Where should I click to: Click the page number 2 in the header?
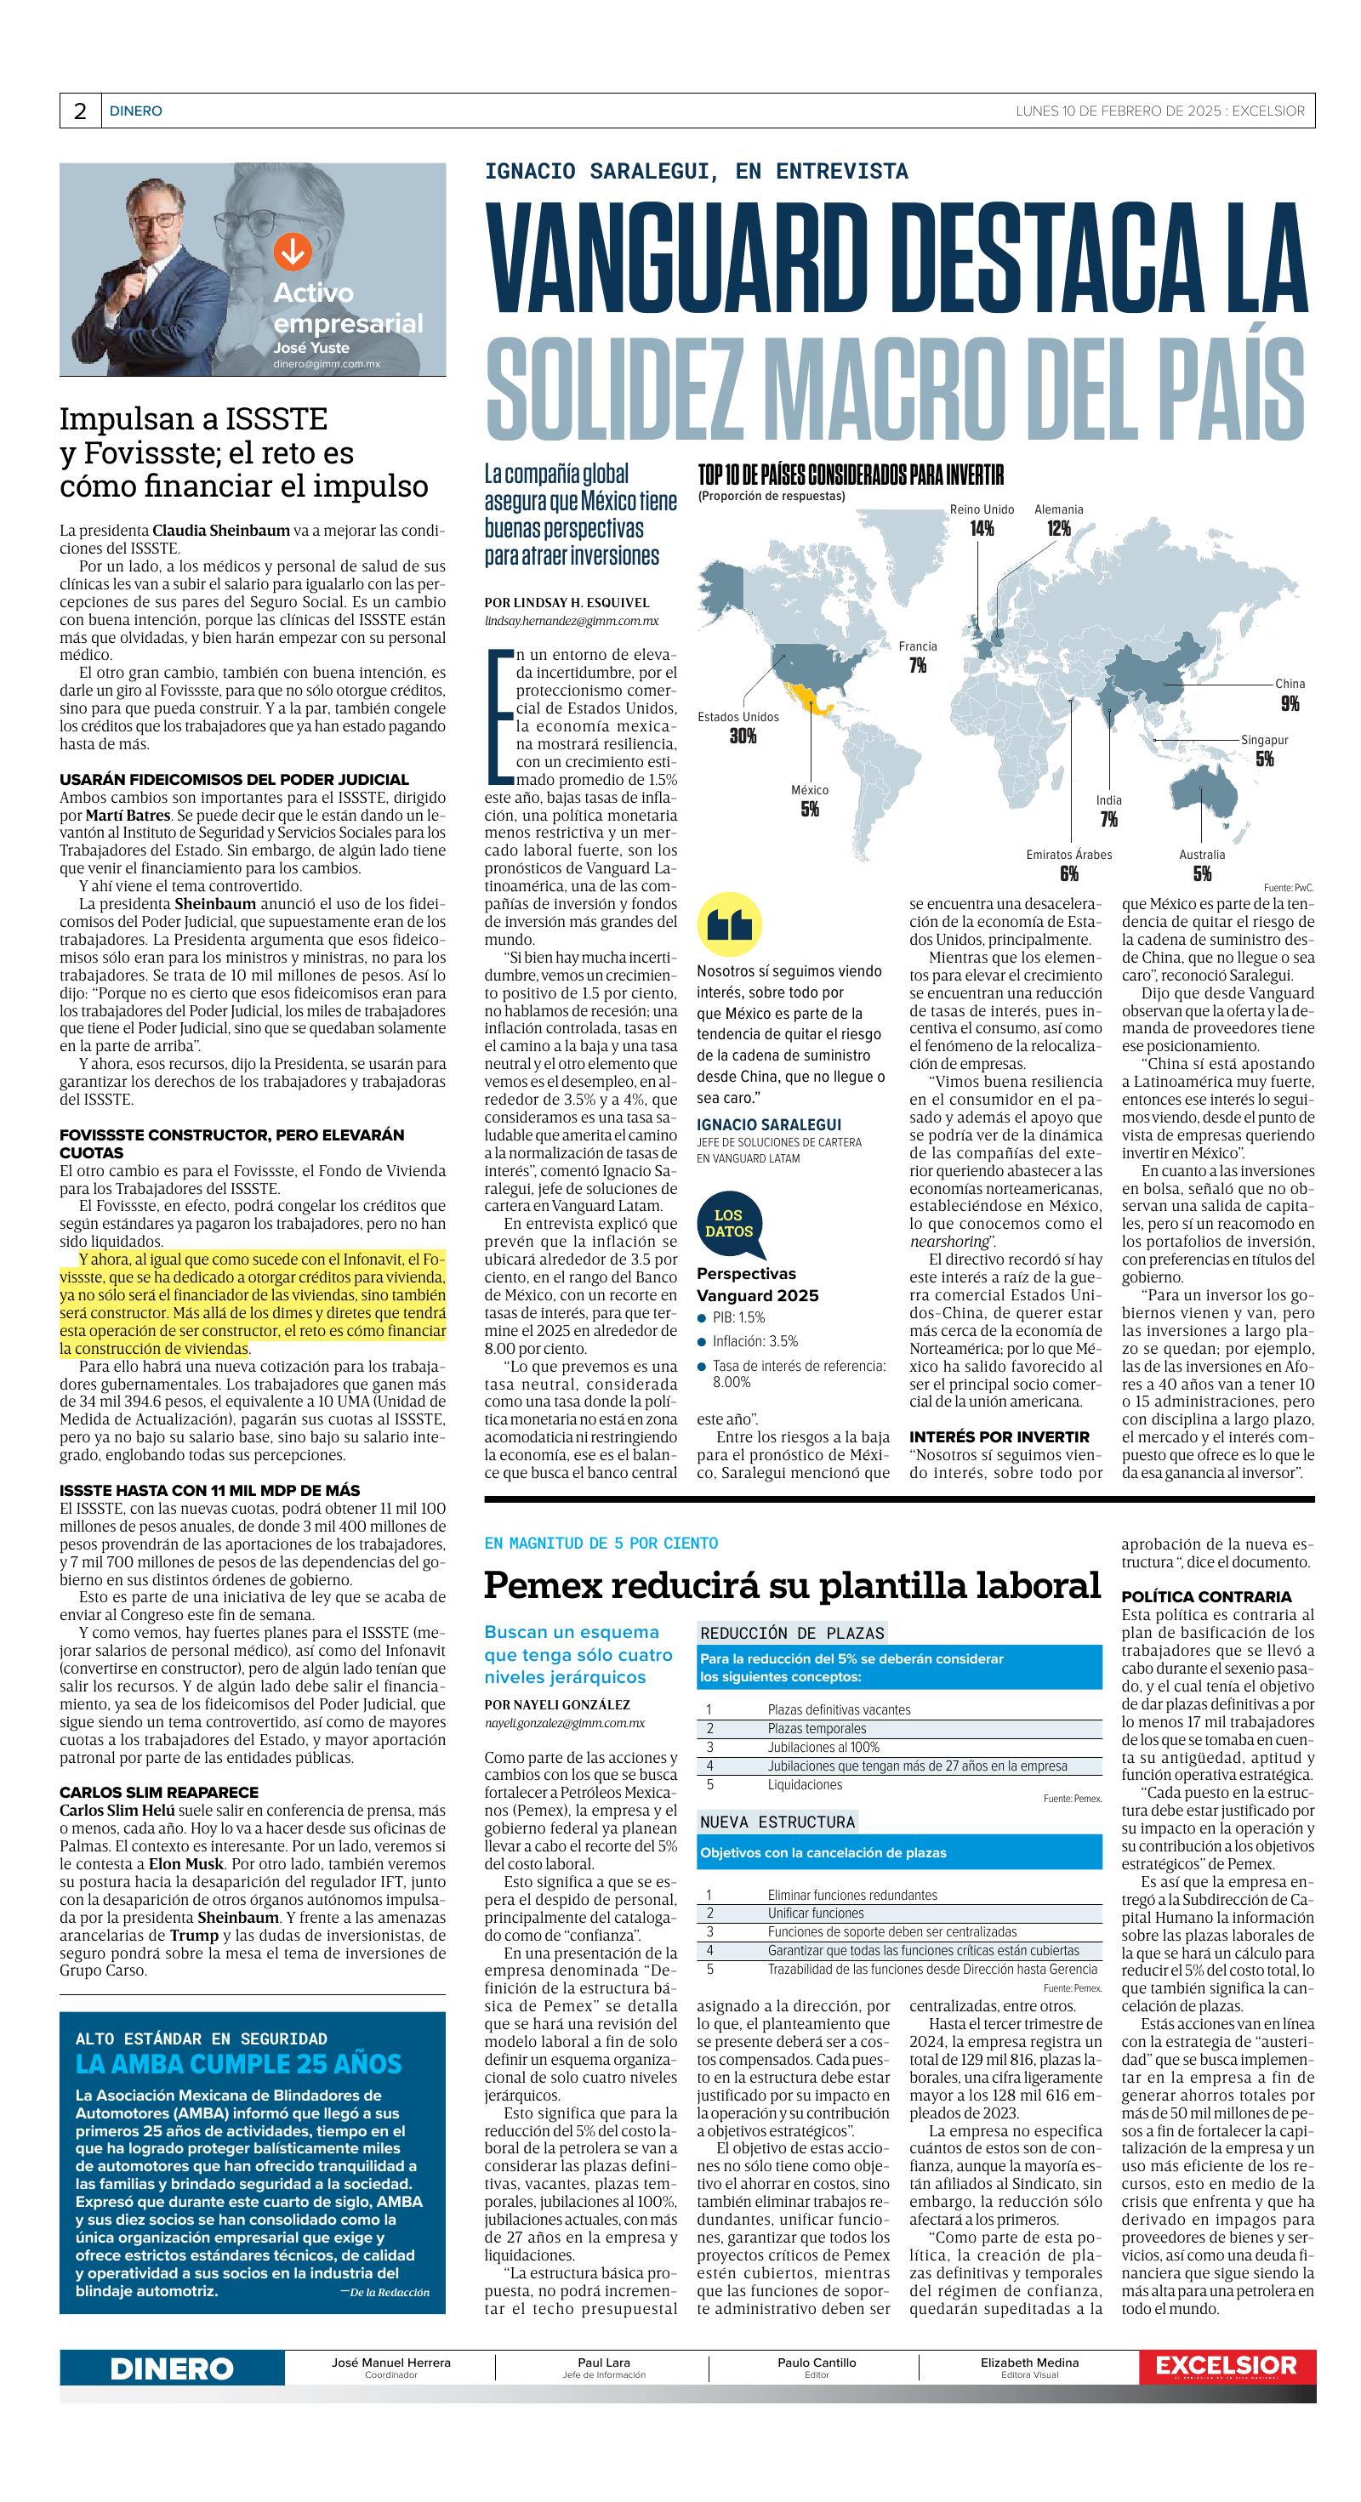click(80, 111)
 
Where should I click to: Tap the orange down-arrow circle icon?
click(292, 251)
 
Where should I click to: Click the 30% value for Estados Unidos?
click(743, 736)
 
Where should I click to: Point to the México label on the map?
click(809, 791)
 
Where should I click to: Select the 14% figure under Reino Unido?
click(981, 528)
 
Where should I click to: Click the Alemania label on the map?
click(1058, 509)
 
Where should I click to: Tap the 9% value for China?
click(1289, 703)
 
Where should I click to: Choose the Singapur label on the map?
click(1264, 740)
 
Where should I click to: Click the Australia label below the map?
click(1202, 855)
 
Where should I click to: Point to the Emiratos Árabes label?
click(1068, 855)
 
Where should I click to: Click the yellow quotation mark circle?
click(730, 924)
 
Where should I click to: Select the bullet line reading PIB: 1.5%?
click(738, 1318)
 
